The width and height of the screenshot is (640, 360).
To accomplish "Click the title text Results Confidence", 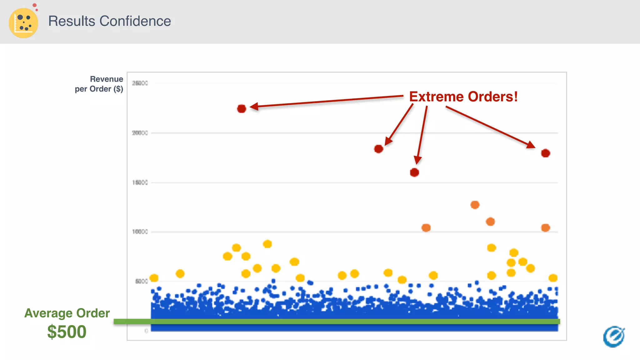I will [109, 21].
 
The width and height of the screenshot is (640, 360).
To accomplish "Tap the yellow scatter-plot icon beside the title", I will [23, 23].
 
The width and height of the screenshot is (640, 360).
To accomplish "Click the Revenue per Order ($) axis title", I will [99, 84].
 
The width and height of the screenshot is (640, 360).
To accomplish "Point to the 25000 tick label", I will [140, 83].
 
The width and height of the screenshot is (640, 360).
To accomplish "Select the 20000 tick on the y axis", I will [140, 133].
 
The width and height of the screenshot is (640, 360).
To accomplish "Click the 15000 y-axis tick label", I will [140, 182].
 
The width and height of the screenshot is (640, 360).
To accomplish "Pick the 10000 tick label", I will [140, 232].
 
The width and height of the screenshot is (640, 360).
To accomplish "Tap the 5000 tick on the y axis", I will [141, 281].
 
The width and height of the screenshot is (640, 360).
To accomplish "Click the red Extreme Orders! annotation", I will [463, 97].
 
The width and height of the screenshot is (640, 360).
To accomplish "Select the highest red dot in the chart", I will [242, 109].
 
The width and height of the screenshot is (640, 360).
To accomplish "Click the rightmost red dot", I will [546, 153].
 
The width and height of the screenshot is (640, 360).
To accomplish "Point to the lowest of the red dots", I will [414, 172].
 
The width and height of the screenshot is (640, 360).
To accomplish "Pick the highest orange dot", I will [475, 205].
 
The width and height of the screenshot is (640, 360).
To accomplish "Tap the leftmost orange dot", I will [426, 228].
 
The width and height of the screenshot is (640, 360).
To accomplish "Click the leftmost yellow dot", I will [154, 278].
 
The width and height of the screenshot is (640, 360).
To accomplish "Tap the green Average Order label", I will [67, 313].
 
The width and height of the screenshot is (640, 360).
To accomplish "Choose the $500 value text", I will [67, 332].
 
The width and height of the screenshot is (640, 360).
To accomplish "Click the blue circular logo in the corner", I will [614, 337].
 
